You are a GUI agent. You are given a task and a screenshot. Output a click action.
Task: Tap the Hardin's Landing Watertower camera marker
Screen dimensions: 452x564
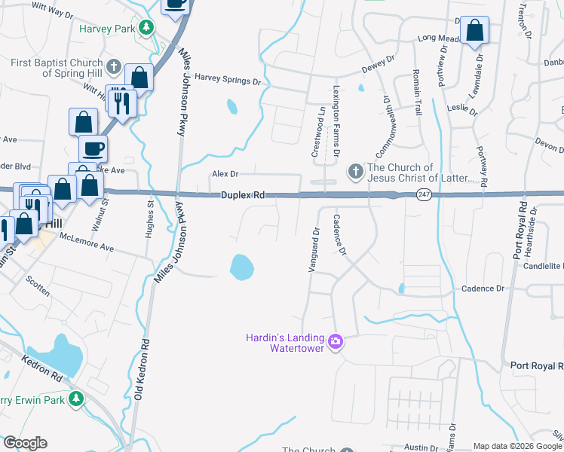point(336,342)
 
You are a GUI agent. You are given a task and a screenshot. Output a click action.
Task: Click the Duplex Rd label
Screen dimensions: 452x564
point(242,195)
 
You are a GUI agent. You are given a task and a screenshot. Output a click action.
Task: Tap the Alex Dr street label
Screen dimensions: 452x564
point(225,174)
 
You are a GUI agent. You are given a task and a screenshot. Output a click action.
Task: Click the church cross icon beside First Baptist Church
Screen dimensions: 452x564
point(114,67)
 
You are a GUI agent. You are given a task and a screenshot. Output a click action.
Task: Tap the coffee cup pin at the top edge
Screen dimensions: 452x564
point(176,4)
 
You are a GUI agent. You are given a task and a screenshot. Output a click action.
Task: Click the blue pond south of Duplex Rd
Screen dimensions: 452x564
point(241,265)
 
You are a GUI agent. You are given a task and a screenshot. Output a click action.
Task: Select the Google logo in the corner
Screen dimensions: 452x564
point(25,443)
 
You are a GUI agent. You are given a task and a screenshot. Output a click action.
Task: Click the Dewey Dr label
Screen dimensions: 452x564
point(379,64)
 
